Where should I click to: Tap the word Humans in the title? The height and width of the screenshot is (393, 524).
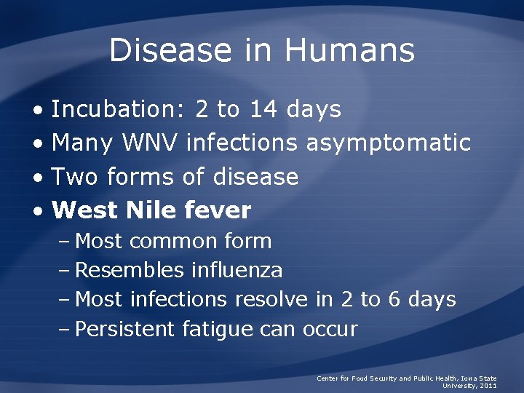click(349, 50)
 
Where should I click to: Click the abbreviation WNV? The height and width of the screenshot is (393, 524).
click(150, 143)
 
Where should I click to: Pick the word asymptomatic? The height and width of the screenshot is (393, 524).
click(388, 143)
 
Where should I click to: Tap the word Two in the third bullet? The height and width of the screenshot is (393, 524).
click(76, 176)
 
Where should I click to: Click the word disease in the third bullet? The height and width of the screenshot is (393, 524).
click(255, 176)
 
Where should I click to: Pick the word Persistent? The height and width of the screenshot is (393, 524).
click(125, 329)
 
